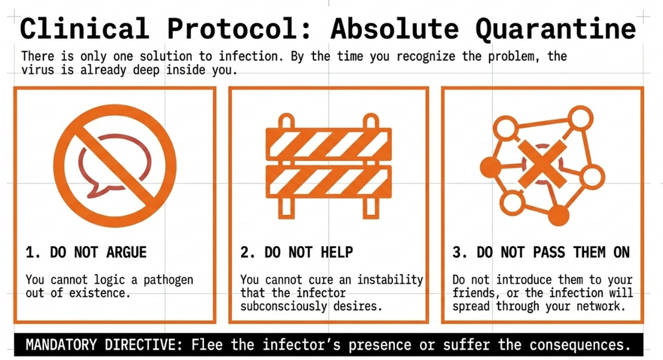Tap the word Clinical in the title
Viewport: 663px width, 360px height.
[x=84, y=28]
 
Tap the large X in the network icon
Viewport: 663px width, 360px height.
[x=543, y=164]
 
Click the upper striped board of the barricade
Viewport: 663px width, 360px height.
[x=328, y=143]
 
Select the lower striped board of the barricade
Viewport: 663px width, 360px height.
[x=328, y=182]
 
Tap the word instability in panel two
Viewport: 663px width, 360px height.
[x=390, y=280]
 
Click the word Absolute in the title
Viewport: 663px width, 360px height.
[x=394, y=28]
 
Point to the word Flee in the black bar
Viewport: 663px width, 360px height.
[x=207, y=344]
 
